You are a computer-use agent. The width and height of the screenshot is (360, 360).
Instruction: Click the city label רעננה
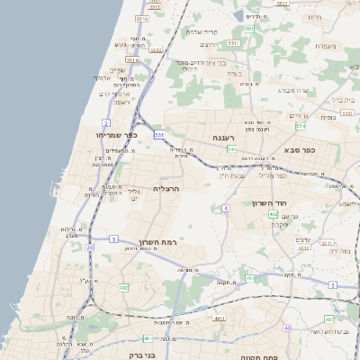click(x=223, y=138)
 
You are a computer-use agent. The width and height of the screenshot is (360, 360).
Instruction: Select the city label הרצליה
click(x=168, y=190)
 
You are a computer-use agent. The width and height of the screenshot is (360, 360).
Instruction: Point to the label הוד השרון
click(x=269, y=204)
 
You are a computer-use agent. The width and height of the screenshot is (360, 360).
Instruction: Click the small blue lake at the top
click(x=252, y=15)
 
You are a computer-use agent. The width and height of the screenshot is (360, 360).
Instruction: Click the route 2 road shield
click(x=106, y=121)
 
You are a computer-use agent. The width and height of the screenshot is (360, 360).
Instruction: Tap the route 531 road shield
click(x=158, y=135)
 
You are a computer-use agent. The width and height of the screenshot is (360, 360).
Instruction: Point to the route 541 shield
click(x=231, y=148)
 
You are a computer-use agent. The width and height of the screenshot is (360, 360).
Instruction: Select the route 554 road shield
click(x=249, y=30)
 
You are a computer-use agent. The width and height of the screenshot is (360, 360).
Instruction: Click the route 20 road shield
click(x=89, y=247)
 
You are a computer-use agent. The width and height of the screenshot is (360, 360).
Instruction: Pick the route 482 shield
click(x=124, y=287)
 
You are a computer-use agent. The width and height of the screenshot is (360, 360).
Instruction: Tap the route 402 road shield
click(x=298, y=188)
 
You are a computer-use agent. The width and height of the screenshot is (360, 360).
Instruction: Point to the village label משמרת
click(x=328, y=46)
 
